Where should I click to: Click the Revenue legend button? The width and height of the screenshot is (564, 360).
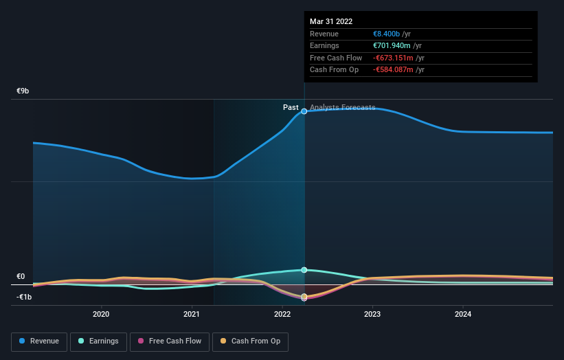[x=39, y=341]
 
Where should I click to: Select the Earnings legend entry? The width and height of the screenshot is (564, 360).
[x=98, y=341]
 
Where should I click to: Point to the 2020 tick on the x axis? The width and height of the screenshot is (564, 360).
[x=101, y=315]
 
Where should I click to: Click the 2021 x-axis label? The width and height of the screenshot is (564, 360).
[x=192, y=315]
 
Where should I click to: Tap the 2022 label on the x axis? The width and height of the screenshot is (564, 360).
[x=282, y=315]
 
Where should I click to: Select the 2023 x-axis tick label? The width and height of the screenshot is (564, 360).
[x=372, y=315]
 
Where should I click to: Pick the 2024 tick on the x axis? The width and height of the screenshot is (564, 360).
[x=463, y=315]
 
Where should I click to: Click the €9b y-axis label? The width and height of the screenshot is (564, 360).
[x=23, y=91]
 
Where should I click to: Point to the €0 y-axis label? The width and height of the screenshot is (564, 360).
[x=21, y=276]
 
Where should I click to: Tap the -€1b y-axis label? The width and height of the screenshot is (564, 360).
[x=24, y=297]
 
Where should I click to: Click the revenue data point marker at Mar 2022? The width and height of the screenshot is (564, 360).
[x=304, y=111]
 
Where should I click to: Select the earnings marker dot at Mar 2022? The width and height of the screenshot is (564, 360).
[x=304, y=270]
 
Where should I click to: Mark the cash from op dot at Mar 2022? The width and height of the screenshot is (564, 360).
[x=304, y=296]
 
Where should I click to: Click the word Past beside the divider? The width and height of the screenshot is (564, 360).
[x=291, y=107]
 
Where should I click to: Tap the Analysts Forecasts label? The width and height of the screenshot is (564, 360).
[x=342, y=107]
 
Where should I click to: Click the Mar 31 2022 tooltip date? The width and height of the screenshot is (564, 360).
[x=332, y=21]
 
